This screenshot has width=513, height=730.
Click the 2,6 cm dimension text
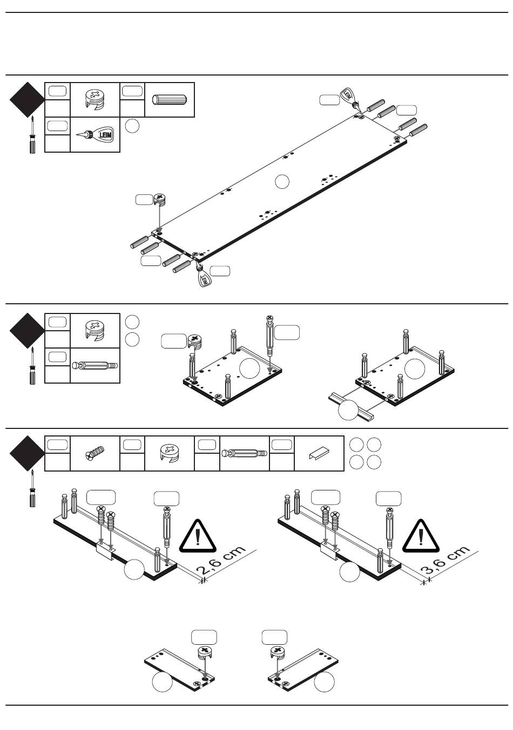(221, 562)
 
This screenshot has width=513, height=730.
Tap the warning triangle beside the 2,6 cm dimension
(198, 536)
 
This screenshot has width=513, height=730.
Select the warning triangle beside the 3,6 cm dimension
(421, 536)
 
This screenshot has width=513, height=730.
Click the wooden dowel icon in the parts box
(170, 100)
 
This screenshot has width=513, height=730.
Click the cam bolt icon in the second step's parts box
(95, 365)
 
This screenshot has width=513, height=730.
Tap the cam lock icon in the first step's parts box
(95, 100)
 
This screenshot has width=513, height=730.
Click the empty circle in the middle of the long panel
(282, 182)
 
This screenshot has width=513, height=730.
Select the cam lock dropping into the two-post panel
(194, 340)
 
